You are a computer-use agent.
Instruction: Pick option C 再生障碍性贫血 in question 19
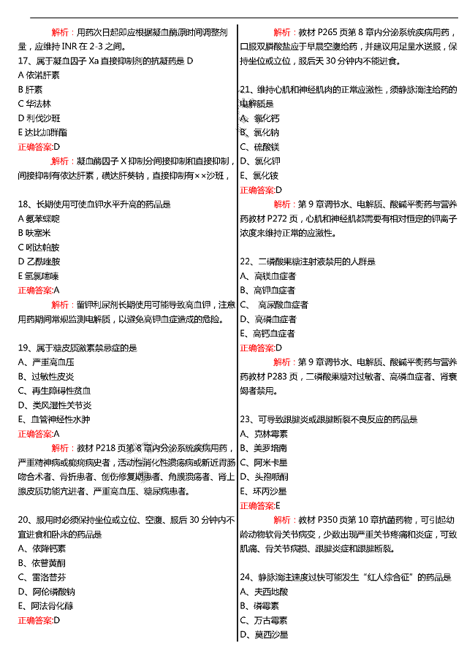pos(55,391)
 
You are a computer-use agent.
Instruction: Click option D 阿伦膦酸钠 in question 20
pos(47,592)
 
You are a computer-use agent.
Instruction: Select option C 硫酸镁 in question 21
pos(260,147)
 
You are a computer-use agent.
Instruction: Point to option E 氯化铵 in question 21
pos(260,176)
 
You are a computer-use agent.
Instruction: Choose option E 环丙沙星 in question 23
pos(264,491)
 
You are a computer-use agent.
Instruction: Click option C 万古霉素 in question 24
pos(264,620)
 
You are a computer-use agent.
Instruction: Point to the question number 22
pos(246,261)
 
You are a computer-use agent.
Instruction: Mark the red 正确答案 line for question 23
pos(260,505)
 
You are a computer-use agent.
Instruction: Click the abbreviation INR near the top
pos(67,47)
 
